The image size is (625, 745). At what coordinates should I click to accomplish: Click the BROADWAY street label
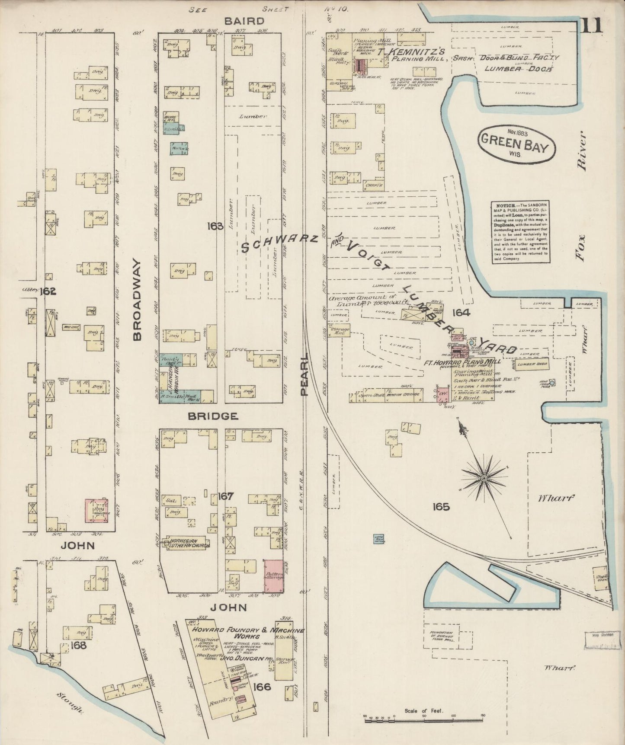click(x=138, y=300)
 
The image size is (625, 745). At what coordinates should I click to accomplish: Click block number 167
click(x=226, y=496)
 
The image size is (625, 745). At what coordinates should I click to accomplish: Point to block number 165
click(x=440, y=506)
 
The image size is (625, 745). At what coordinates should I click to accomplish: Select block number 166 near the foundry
click(x=262, y=686)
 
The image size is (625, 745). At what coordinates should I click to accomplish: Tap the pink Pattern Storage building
click(x=274, y=576)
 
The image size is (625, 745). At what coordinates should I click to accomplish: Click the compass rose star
click(x=484, y=477)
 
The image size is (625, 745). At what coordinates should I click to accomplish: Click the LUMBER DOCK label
click(x=518, y=68)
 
